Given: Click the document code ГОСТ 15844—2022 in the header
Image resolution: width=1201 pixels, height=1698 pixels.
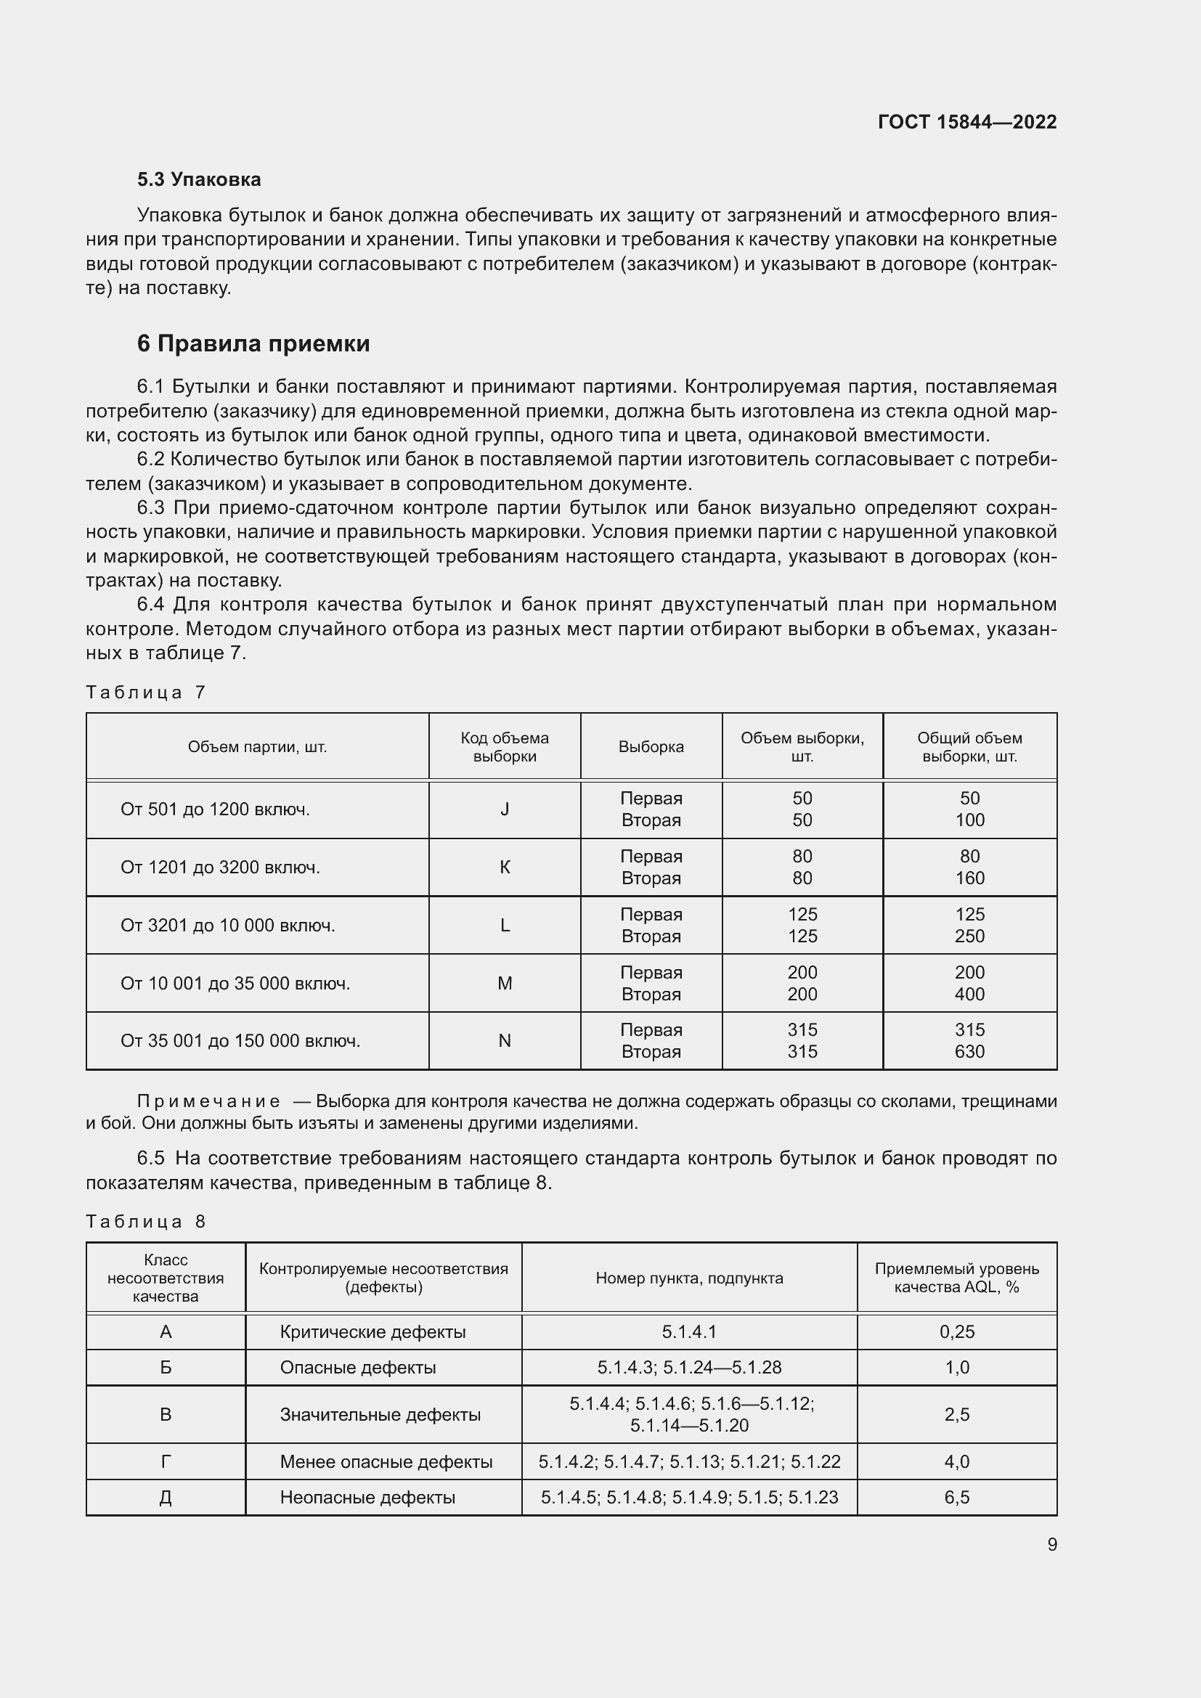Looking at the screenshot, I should [966, 122].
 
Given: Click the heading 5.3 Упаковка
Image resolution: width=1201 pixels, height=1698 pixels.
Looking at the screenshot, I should [199, 180].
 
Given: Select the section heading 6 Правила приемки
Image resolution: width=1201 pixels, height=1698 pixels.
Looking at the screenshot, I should [253, 344].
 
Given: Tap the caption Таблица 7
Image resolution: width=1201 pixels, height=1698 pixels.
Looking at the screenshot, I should [145, 693].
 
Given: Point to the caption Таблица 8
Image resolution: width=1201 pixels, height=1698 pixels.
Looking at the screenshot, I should [145, 1221].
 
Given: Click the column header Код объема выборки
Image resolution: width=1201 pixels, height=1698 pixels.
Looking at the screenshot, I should [505, 747].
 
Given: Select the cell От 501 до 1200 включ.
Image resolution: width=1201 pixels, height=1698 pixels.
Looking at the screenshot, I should [214, 809].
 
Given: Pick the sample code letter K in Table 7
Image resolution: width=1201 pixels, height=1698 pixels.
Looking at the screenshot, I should [505, 867].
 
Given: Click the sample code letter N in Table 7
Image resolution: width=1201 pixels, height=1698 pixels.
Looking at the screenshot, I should [505, 1040].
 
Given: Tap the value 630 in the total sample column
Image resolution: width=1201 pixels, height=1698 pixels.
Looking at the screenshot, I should [969, 1052].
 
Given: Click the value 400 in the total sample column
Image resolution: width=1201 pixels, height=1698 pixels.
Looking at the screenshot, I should [969, 994].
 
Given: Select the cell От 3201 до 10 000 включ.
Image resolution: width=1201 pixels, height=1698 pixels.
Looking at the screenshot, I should [228, 925].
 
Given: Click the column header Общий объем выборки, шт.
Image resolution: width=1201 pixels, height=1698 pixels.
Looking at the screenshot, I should [969, 747].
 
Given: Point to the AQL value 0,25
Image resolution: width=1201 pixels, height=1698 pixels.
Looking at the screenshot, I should [956, 1332].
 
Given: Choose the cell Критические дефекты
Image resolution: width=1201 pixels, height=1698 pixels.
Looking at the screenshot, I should [372, 1332].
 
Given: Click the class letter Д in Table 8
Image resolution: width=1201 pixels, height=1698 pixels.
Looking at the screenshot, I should [166, 1498].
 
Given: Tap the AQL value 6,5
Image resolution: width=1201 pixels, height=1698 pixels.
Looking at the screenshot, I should [956, 1498].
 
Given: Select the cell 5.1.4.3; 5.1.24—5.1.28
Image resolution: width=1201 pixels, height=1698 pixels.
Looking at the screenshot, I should [688, 1368].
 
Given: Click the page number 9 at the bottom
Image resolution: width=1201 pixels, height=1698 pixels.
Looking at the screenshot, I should [1051, 1545].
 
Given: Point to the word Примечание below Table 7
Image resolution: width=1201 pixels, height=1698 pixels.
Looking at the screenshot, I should [208, 1101].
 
